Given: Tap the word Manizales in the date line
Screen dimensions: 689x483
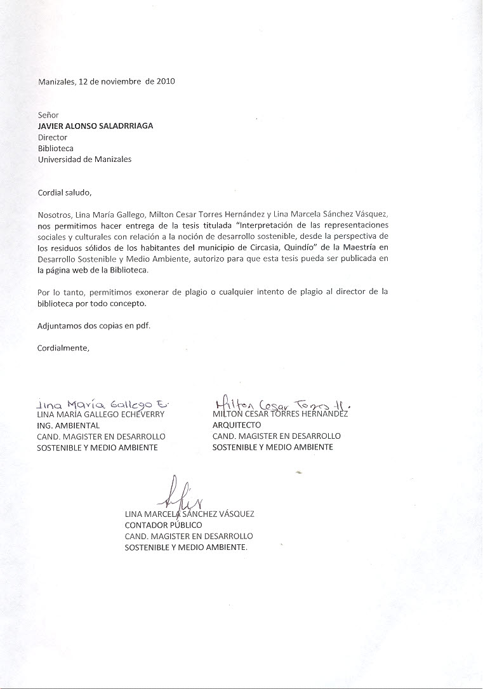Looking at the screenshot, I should click(56, 81).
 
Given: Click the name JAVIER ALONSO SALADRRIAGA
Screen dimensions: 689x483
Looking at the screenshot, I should click(95, 126).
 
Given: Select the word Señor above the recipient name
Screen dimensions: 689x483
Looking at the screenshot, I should click(48, 115).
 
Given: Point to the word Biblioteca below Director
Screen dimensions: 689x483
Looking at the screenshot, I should click(56, 149).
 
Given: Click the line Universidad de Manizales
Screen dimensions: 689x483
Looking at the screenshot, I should click(84, 159).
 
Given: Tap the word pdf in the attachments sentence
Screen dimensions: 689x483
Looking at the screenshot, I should click(143, 326).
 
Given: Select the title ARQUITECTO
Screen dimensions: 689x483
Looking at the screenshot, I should click(237, 425).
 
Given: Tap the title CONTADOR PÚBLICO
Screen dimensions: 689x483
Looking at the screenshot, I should click(163, 525).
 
